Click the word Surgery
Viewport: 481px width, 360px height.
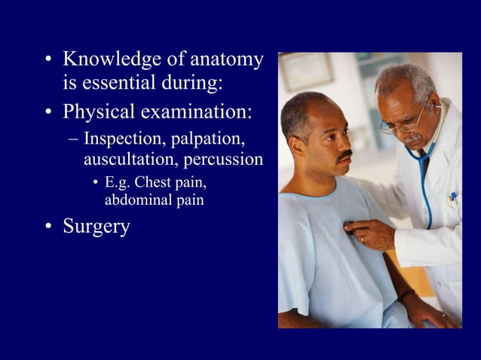tap(97, 226)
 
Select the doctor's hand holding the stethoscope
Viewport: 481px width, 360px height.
tap(369, 233)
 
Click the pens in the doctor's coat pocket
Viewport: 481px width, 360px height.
tap(453, 199)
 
